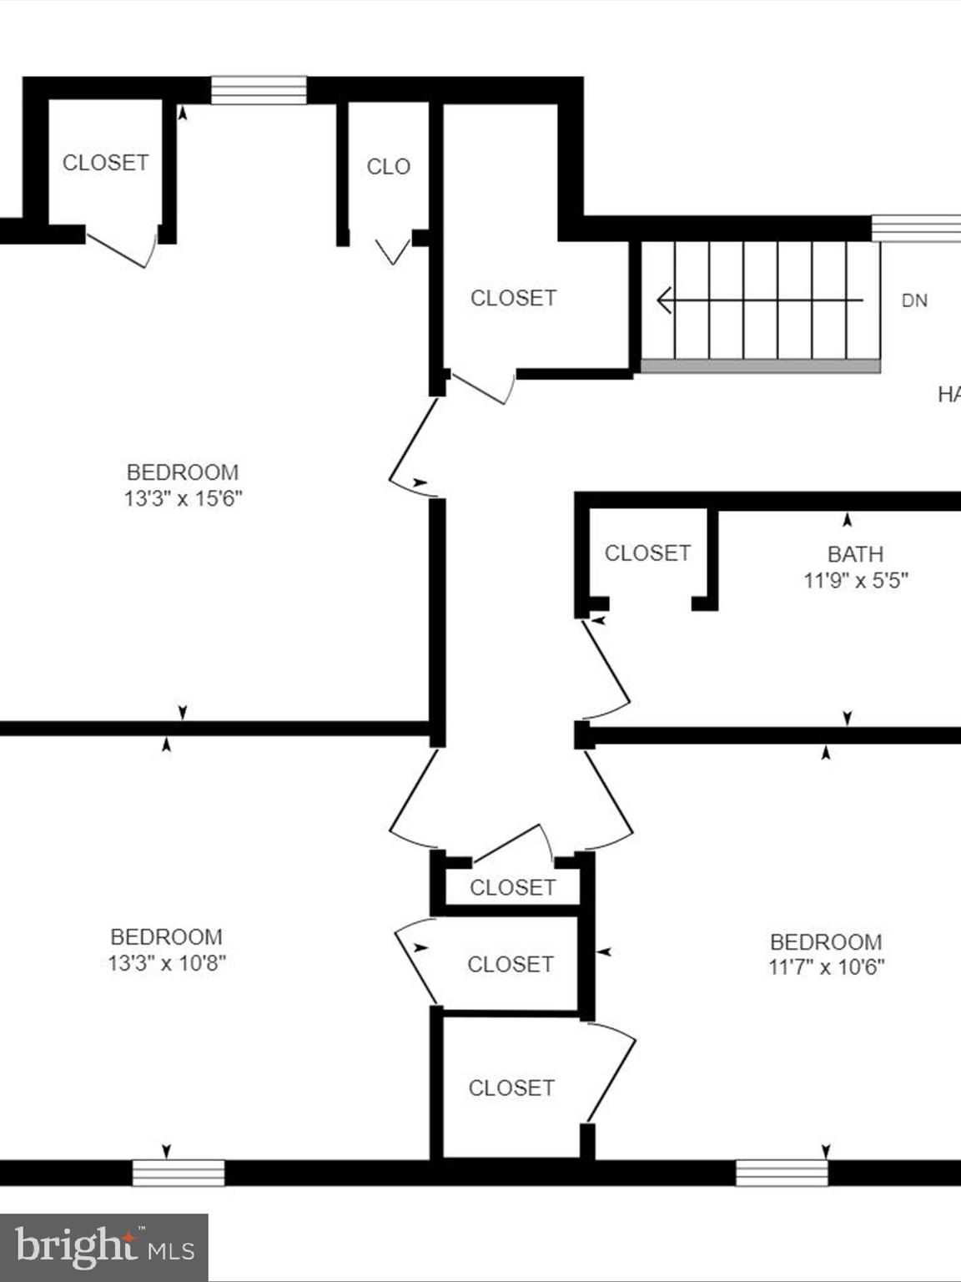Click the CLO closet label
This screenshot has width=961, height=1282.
click(388, 167)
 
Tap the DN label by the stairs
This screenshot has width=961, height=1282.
click(914, 300)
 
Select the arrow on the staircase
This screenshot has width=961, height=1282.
click(759, 300)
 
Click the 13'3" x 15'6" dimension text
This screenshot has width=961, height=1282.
click(183, 499)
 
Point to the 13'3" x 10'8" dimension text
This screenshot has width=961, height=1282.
click(167, 963)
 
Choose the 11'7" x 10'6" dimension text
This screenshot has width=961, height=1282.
click(826, 967)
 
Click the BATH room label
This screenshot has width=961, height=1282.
click(855, 554)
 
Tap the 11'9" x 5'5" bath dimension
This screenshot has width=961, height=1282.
click(855, 580)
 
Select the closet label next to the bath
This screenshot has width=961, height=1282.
click(647, 553)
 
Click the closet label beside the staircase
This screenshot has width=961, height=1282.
click(513, 298)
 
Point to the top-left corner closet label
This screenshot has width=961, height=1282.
click(105, 163)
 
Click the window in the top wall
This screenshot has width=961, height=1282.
click(259, 90)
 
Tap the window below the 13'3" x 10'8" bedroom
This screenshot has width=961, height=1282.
click(179, 1173)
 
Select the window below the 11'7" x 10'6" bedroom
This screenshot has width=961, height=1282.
click(782, 1173)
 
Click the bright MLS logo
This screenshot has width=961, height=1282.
click(104, 1248)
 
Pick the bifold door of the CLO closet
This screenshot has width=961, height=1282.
click(392, 251)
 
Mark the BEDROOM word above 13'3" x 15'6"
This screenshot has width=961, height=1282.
click(183, 472)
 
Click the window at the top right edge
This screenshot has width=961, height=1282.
click(916, 228)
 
